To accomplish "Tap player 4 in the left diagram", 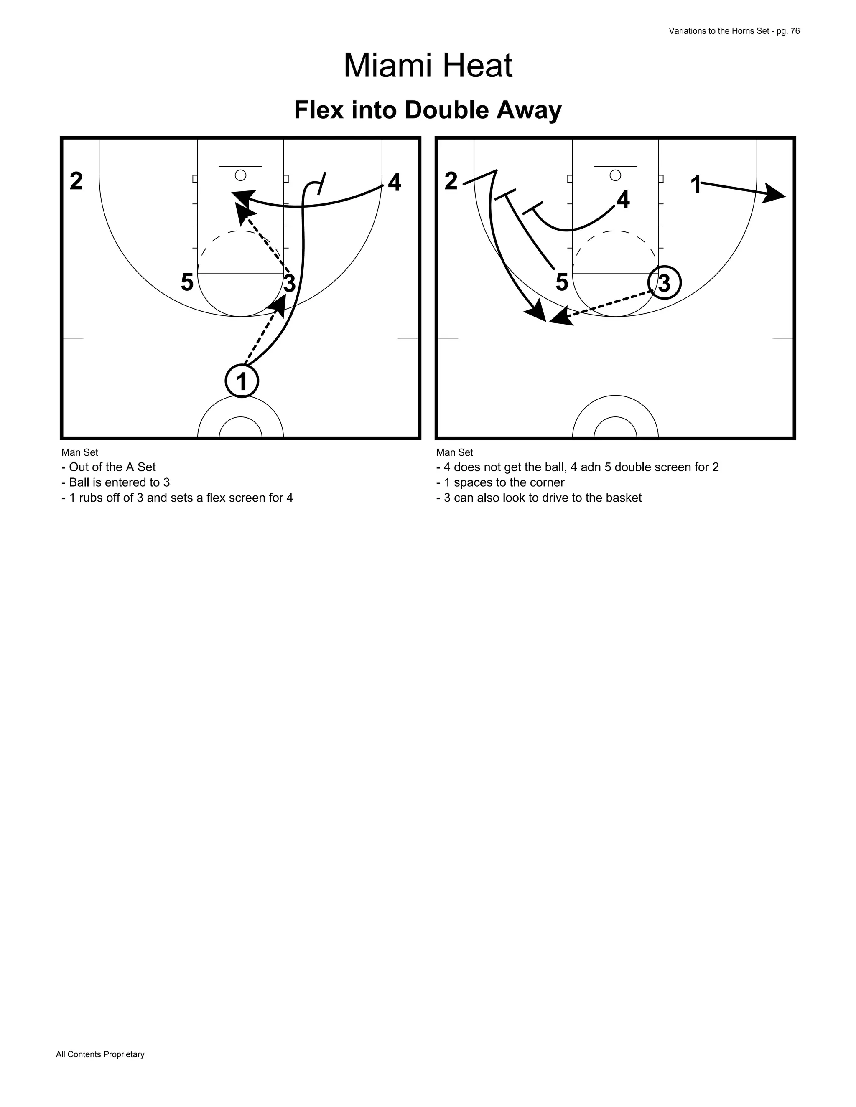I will [x=394, y=183].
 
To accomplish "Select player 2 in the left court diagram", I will [x=76, y=181].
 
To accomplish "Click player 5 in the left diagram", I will [x=187, y=282].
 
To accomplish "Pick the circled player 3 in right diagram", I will [x=664, y=283].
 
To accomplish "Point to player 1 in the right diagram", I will [x=696, y=185].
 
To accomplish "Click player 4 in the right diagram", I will [x=623, y=200].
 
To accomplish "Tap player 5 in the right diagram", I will [x=561, y=282].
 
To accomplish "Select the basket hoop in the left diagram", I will [x=240, y=175].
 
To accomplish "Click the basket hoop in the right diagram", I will [x=615, y=175].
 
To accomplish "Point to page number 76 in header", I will [x=795, y=31].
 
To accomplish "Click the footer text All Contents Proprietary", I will [x=100, y=1054].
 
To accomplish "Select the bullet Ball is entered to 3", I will [x=116, y=482].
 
